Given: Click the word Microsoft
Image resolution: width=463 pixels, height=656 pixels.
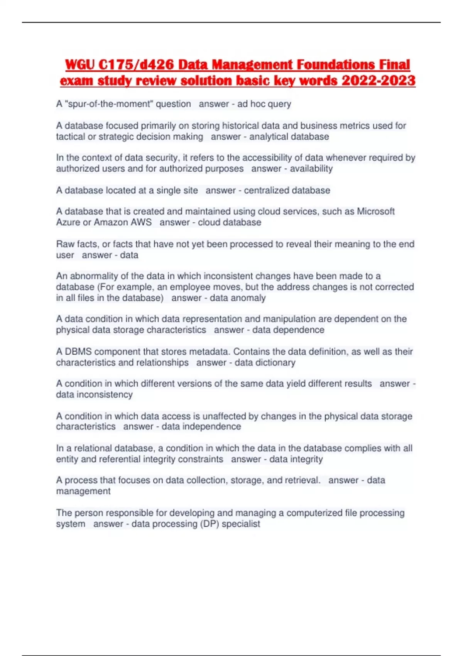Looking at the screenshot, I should pyautogui.click(x=375, y=211).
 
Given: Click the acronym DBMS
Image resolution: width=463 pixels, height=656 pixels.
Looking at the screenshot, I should pyautogui.click(x=78, y=352).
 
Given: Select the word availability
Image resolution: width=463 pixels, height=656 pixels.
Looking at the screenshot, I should pyautogui.click(x=311, y=169).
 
